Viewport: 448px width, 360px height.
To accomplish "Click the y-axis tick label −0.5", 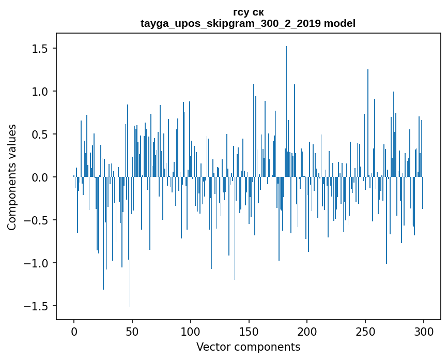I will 37,220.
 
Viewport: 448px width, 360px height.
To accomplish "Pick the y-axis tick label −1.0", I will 37,263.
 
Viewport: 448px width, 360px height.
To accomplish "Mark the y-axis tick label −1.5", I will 37,306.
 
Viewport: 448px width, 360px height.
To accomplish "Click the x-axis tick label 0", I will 74,331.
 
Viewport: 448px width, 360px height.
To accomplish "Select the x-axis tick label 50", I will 132,331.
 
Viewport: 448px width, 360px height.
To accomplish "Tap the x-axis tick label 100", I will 191,331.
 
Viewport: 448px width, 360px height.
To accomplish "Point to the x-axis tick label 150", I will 249,331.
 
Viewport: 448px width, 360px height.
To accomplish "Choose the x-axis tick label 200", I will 307,331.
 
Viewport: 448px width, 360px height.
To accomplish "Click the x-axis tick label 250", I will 365,331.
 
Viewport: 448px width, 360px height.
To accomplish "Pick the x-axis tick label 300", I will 424,331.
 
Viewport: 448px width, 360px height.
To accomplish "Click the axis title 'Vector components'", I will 248,347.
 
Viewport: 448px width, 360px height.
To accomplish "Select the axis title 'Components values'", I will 12,177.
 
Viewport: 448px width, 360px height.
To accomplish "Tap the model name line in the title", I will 248,23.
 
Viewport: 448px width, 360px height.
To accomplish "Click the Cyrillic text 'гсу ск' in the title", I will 248,12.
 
